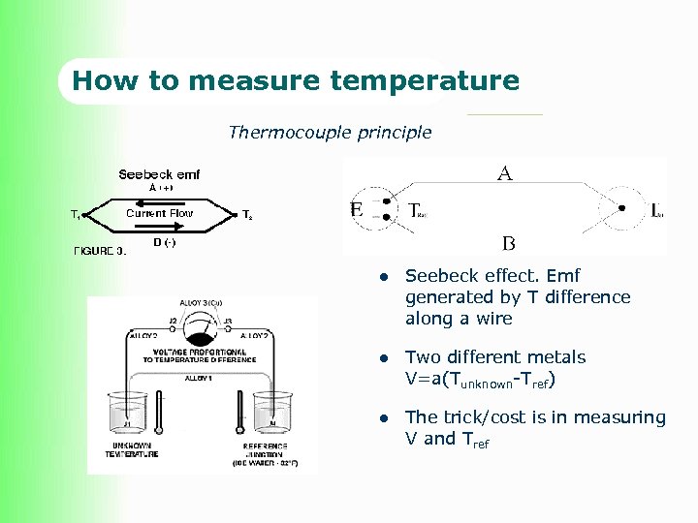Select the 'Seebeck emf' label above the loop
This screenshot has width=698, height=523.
(x=159, y=174)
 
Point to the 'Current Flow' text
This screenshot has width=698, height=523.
(x=160, y=213)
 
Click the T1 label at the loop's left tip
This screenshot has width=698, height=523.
(x=75, y=215)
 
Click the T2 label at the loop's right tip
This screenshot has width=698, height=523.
(x=247, y=215)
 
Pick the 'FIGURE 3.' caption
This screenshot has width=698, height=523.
(x=100, y=251)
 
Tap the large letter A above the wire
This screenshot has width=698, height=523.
(x=504, y=174)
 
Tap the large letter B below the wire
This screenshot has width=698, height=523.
(x=508, y=242)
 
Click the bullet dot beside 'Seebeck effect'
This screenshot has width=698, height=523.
(x=384, y=277)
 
